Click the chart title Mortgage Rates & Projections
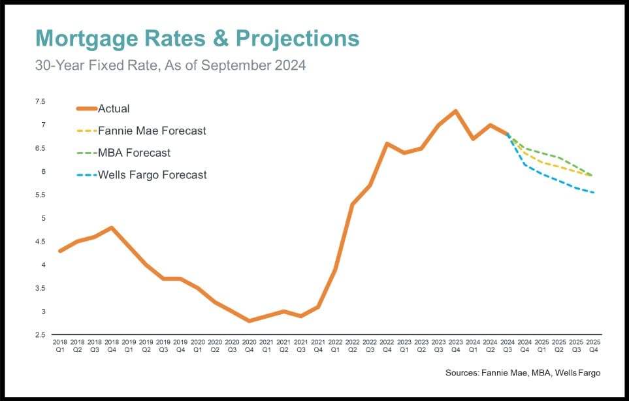(x=197, y=39)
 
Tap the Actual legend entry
(x=113, y=108)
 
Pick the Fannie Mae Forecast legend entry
(x=151, y=131)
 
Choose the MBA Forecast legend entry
(x=133, y=153)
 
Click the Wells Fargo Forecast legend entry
(x=152, y=175)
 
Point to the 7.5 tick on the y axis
(x=40, y=102)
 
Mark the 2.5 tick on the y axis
(x=40, y=335)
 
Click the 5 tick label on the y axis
(x=43, y=218)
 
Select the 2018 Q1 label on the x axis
(x=60, y=345)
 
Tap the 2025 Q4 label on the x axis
(x=594, y=345)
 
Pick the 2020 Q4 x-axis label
(x=249, y=345)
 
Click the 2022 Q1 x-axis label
(x=335, y=345)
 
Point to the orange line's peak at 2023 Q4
(x=455, y=111)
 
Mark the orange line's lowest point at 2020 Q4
(x=249, y=321)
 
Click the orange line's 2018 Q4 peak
(x=112, y=227)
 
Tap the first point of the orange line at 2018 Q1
(x=60, y=251)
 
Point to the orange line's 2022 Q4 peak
(x=387, y=143)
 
